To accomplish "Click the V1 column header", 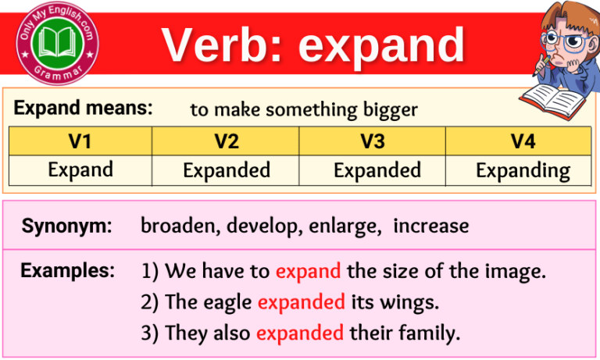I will point(80,141).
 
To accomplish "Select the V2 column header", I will point(227,141).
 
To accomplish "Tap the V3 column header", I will point(373,141).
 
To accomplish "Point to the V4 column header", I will point(522,141).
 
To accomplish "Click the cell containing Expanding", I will point(522,170).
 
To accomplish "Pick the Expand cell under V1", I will point(80,169).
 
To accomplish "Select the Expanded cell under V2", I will point(227,170).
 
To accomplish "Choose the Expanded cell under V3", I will point(377,170).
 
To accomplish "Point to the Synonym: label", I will point(66,226).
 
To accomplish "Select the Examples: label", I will point(68,271).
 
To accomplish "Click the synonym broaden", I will point(174,226).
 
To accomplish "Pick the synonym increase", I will point(431,226).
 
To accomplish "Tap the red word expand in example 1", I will point(308,272).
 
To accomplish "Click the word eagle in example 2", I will point(229,302).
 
